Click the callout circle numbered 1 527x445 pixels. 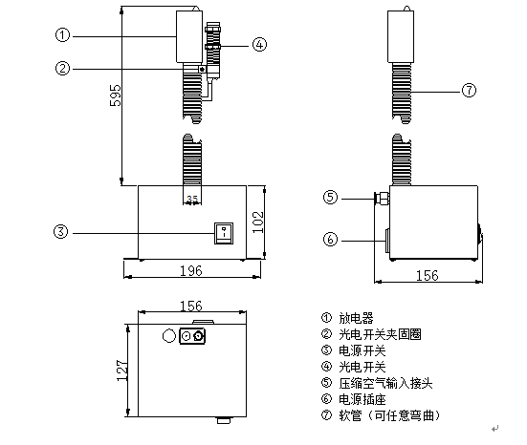click(61, 35)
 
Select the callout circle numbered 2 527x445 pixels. click(61, 68)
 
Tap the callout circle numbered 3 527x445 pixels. click(61, 232)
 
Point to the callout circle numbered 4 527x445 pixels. click(259, 43)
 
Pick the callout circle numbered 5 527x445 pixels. click(330, 198)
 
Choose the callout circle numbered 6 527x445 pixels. click(330, 239)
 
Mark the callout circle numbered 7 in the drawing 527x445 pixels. click(469, 91)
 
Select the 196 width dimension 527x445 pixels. click(191, 271)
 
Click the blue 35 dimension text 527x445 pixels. click(192, 200)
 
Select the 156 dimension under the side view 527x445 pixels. click(429, 275)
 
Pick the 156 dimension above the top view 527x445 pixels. click(192, 307)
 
